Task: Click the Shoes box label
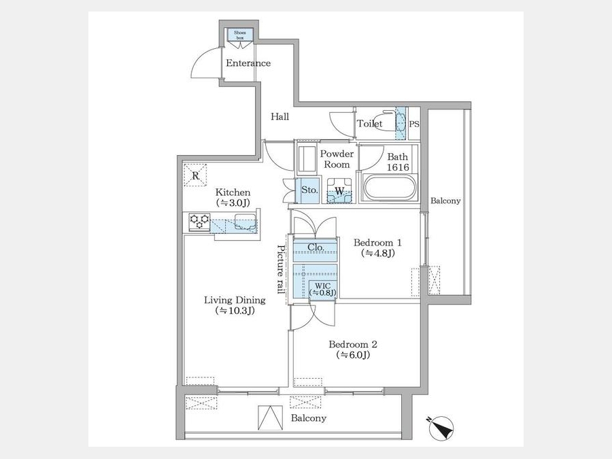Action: click(x=240, y=35)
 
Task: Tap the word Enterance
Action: click(x=248, y=63)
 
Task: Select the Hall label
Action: click(x=280, y=116)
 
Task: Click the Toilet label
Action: click(x=370, y=124)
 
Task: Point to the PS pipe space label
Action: click(x=415, y=124)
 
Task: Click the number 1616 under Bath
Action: click(x=398, y=167)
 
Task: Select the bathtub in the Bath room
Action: click(x=390, y=188)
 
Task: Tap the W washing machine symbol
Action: click(x=339, y=191)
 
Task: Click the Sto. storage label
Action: click(x=310, y=190)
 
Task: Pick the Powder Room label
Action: click(x=337, y=159)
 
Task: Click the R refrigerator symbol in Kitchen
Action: click(x=195, y=175)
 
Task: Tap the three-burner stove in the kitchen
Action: click(x=199, y=222)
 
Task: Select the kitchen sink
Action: click(x=245, y=222)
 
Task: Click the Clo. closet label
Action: click(x=316, y=248)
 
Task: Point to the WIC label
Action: click(x=323, y=286)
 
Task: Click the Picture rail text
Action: click(x=281, y=269)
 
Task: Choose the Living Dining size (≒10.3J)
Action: click(x=235, y=311)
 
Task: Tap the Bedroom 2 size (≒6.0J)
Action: click(x=353, y=355)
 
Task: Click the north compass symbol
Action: click(x=441, y=428)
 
